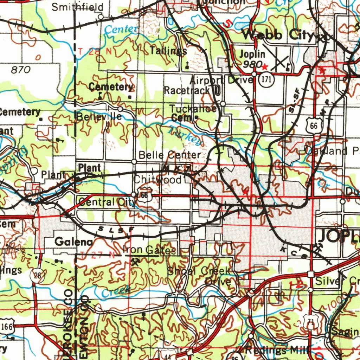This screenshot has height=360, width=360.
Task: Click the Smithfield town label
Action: (78, 7)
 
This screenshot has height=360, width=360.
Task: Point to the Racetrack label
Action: (187, 91)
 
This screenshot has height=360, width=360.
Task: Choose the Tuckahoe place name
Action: (193, 109)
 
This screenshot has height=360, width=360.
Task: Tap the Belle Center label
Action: (170, 155)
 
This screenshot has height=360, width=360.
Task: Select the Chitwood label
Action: (157, 180)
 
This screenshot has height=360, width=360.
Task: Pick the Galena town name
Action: (74, 242)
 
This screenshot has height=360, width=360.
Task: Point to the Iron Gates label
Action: (149, 250)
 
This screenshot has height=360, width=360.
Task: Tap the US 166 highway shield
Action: (7, 326)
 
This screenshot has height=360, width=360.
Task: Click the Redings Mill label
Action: (276, 350)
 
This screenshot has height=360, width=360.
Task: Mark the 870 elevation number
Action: (21, 70)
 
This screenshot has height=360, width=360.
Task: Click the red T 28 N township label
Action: (95, 51)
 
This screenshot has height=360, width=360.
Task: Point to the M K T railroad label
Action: (177, 168)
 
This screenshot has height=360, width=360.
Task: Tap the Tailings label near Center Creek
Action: (168, 51)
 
